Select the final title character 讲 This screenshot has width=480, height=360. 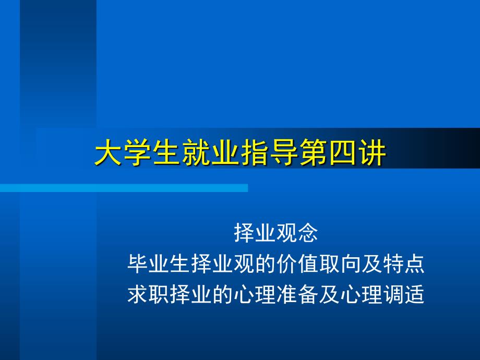(373, 152)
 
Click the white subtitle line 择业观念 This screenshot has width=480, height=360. (276, 233)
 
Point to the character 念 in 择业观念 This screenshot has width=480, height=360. (308, 233)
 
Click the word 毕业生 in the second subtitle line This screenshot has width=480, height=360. (159, 264)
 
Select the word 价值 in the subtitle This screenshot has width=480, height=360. (297, 264)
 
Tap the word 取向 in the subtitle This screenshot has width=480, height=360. (340, 264)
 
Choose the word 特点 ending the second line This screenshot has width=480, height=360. (404, 264)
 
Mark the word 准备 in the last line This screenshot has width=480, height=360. (297, 294)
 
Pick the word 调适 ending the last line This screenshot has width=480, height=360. (404, 294)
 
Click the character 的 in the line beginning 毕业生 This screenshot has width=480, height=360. (265, 264)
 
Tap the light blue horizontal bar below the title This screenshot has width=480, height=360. (124, 188)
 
